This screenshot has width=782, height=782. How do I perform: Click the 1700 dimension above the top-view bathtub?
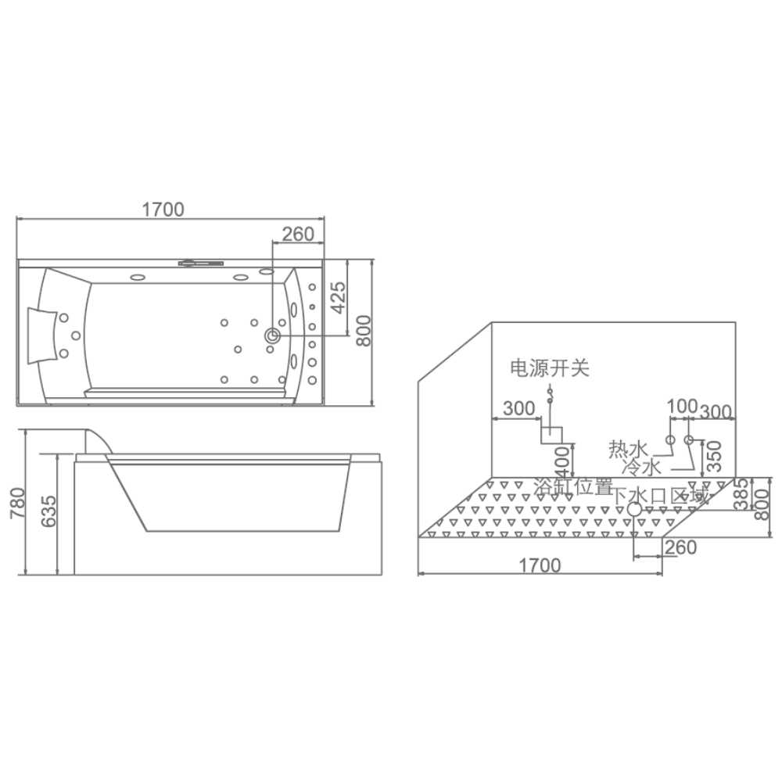click(x=163, y=210)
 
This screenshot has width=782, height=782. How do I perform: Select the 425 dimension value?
click(x=339, y=298)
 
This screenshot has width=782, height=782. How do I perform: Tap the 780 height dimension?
click(x=17, y=503)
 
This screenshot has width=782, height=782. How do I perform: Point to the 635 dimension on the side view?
click(x=48, y=511)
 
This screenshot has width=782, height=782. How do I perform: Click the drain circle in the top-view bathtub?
click(x=273, y=335)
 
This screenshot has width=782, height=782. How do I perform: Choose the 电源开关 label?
click(x=550, y=368)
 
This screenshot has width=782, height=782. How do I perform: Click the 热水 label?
click(x=628, y=449)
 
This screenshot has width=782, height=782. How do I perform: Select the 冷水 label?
click(x=642, y=467)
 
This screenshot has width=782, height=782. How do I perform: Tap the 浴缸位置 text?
click(x=573, y=486)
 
